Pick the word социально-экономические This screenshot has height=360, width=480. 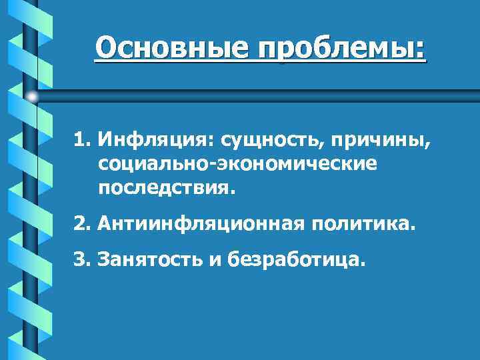tap(237, 163)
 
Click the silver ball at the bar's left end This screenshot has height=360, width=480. tap(32, 97)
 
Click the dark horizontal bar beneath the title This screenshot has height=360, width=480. tap(267, 97)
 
